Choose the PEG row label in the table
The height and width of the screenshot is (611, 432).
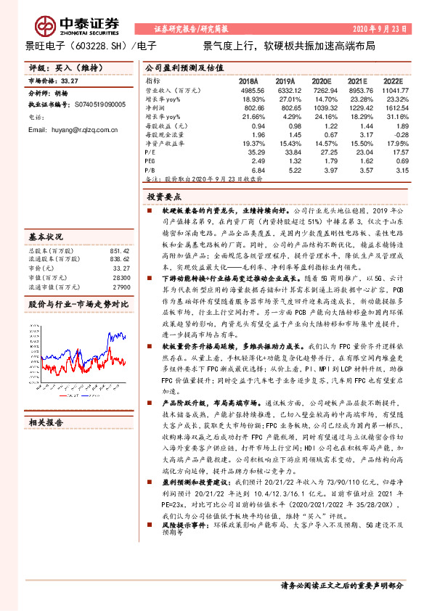coord(152,161)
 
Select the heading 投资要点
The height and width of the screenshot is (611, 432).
coord(163,196)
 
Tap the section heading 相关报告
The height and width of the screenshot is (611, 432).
coord(46,421)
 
